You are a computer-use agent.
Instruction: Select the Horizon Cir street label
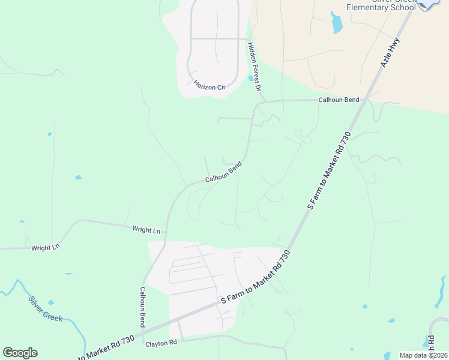209,86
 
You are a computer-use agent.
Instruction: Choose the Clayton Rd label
161,343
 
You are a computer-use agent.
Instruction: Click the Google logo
20,353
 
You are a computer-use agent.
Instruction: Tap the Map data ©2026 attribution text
423,355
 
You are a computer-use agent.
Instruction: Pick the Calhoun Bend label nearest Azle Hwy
338,100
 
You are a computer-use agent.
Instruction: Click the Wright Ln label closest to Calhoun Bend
146,230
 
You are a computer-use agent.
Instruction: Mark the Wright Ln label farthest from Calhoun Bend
46,247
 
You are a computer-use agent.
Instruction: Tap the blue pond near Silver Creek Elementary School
336,23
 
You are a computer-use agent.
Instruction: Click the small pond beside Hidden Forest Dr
250,78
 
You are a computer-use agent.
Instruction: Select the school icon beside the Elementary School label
427,3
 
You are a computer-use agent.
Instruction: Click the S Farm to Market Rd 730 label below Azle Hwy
328,171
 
